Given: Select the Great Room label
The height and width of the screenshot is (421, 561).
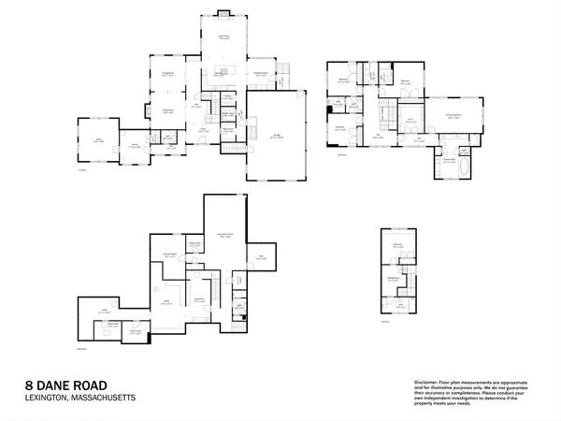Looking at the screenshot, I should [x=223, y=36].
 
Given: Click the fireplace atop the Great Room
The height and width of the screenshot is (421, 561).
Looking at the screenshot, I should [x=223, y=13].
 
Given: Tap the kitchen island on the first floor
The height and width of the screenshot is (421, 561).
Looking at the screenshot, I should [x=223, y=74].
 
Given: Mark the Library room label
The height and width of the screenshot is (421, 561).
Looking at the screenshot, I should [x=97, y=141].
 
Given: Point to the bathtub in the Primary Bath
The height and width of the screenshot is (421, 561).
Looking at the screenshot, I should [x=449, y=172].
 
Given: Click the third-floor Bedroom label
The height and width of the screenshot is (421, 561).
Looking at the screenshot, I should [x=397, y=245].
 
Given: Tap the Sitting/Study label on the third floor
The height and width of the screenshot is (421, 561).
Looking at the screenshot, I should [x=395, y=279].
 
